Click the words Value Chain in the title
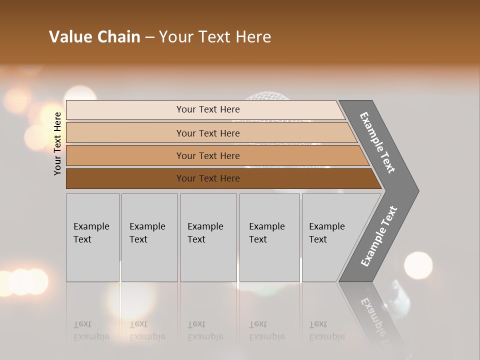(94, 37)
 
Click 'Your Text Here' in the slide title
(215, 37)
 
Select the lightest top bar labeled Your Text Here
(207, 109)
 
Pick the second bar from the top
(207, 133)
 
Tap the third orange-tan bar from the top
(207, 155)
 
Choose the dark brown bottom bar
(207, 178)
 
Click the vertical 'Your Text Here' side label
(57, 143)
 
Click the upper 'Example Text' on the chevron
(377, 142)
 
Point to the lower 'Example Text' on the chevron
(378, 236)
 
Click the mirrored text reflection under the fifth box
(326, 330)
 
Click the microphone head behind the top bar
(270, 95)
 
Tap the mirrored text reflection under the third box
(205, 330)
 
